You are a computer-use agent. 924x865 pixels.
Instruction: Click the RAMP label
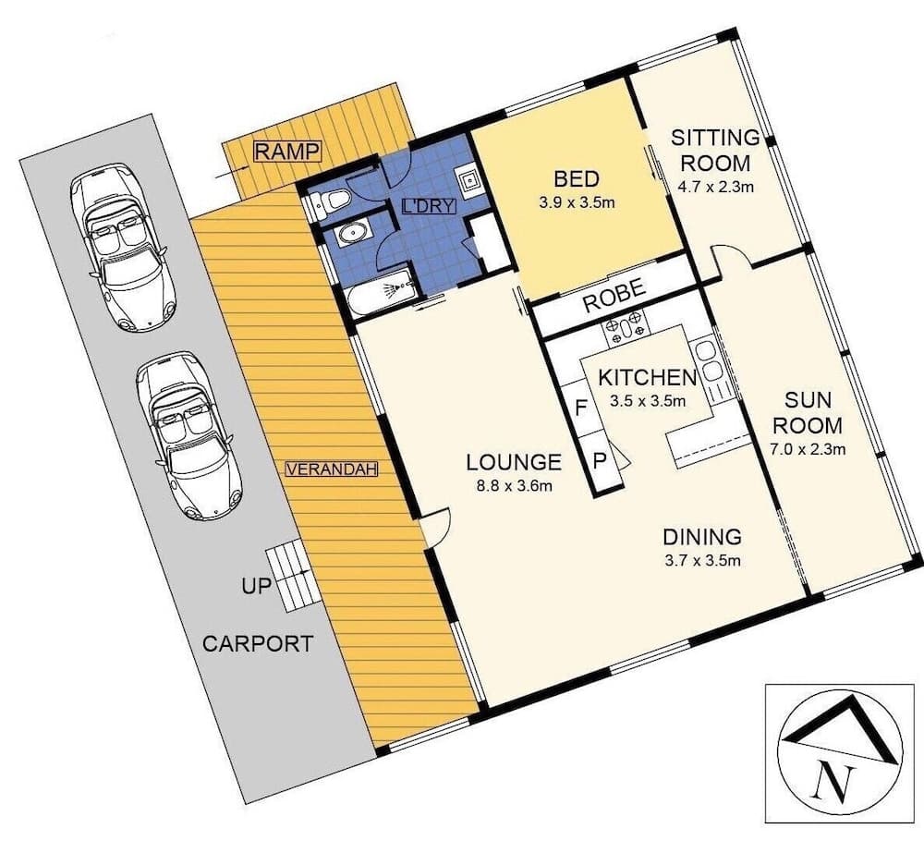pyautogui.click(x=286, y=152)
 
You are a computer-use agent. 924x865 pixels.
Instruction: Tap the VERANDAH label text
pyautogui.click(x=333, y=469)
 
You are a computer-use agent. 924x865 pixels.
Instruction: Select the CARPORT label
pyautogui.click(x=258, y=644)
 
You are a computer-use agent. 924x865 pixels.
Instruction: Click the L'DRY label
pyautogui.click(x=429, y=206)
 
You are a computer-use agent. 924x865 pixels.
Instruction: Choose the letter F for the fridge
pyautogui.click(x=582, y=407)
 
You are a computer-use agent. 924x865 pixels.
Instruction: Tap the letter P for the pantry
pyautogui.click(x=599, y=459)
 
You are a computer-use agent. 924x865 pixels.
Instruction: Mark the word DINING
pyautogui.click(x=702, y=537)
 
